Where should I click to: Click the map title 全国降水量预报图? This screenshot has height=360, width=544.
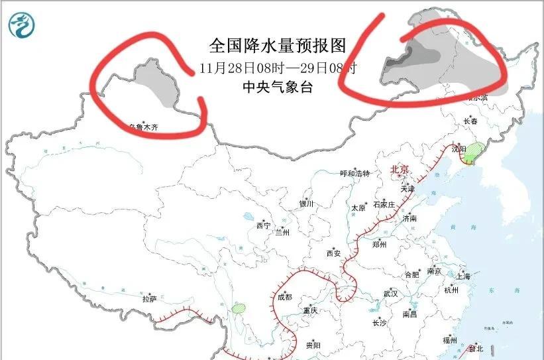278,46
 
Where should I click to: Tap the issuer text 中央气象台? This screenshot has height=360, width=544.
278,87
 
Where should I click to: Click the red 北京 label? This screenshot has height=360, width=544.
402,169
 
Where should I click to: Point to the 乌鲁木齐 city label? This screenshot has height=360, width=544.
144,127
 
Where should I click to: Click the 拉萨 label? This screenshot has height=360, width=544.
148,299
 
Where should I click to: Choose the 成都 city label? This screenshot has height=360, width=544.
284,298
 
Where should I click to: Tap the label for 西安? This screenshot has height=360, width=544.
333,253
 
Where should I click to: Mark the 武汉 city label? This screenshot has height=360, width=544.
390,293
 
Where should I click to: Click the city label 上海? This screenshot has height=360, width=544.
463,276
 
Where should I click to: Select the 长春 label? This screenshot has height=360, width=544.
471,121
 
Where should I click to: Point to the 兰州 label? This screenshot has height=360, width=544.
283,233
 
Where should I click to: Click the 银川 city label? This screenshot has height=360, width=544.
306,204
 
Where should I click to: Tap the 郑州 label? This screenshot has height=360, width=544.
379,243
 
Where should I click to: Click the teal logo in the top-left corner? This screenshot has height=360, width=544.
21,25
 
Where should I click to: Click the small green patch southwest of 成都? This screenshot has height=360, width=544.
239,308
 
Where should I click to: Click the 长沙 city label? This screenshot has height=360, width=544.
379,324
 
